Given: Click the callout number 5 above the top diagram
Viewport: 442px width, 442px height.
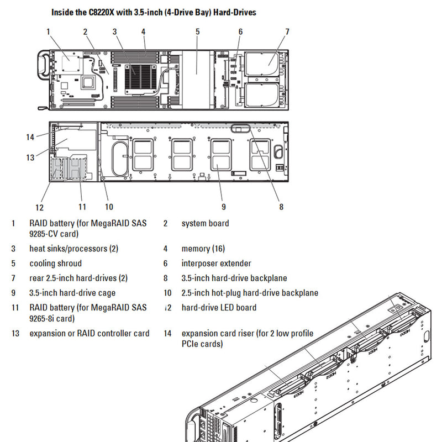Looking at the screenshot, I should click(197, 31).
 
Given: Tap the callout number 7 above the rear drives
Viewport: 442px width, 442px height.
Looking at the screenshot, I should click(287, 31).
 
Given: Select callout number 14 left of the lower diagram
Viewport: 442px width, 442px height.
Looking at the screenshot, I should click(30, 137).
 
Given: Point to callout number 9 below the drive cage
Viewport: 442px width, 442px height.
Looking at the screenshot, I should click(224, 207).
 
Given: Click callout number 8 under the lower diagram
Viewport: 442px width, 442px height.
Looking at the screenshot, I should click(281, 207).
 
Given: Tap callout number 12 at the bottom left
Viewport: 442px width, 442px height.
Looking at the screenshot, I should click(39, 208).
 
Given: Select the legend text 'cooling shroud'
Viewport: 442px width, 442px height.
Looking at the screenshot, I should click(55, 264).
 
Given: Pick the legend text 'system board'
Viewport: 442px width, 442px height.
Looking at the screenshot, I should click(205, 223).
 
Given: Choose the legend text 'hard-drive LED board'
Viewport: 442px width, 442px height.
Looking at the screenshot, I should click(219, 307).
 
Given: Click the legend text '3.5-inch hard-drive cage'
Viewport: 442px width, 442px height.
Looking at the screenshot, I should click(72, 293).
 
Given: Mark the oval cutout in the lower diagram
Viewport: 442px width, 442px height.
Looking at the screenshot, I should click(118, 159).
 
